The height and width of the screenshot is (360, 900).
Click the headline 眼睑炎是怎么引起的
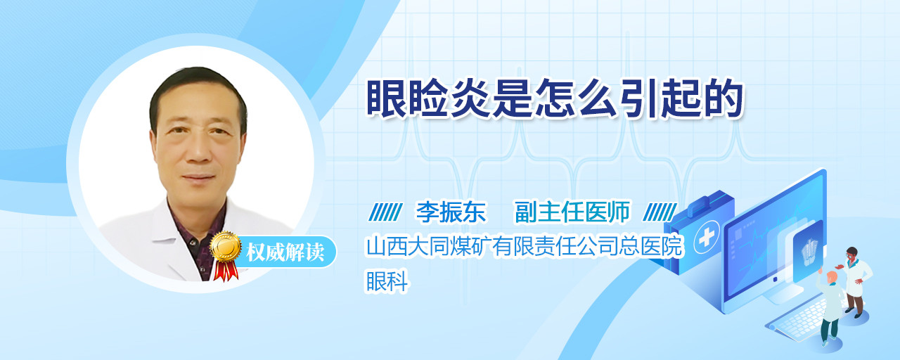[x=555, y=98]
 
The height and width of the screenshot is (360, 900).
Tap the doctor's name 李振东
[x=451, y=212]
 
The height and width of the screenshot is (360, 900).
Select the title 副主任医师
[x=572, y=212]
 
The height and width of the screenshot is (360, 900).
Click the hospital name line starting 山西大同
[x=525, y=246]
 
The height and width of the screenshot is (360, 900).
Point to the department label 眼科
[x=387, y=281]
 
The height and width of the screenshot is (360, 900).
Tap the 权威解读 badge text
[x=285, y=252]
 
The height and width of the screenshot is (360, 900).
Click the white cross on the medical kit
[x=706, y=238]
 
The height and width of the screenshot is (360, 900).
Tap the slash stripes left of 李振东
[x=385, y=212]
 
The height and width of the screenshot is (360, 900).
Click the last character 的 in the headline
[x=724, y=98]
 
